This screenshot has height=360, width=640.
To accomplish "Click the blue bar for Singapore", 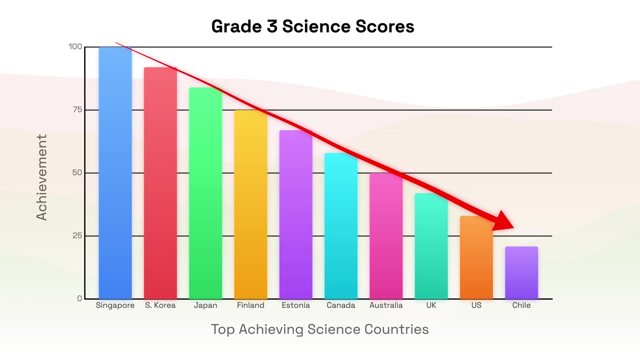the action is point(115,173).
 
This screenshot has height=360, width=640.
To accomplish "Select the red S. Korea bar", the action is point(160,183).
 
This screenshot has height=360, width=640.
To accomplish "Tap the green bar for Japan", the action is point(205,193).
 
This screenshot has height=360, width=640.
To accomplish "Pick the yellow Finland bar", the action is point(250,204).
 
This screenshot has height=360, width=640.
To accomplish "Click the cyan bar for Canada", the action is point(341,226).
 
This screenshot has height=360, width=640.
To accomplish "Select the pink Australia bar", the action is point(386,236).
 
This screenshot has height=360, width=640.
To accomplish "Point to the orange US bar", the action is point(476,257).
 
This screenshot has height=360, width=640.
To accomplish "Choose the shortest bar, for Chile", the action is point(521,273).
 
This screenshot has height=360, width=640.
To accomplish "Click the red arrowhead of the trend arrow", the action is point(504,221).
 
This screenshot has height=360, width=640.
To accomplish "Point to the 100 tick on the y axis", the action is point(75,46).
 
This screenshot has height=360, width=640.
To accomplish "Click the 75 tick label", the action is point(77,109).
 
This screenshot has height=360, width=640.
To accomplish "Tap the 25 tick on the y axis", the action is point(77,235).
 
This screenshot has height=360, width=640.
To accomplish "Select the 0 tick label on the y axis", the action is point(79,298).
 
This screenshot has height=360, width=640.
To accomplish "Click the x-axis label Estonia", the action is point(295,305).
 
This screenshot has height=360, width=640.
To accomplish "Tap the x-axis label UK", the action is point(431,305).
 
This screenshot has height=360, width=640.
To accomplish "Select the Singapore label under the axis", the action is point(115,305).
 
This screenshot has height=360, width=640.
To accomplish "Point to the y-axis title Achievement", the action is point(41,177).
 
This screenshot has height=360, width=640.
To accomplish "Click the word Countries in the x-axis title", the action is point(396,329).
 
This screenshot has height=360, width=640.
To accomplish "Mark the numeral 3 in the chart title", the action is point(272,26).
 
